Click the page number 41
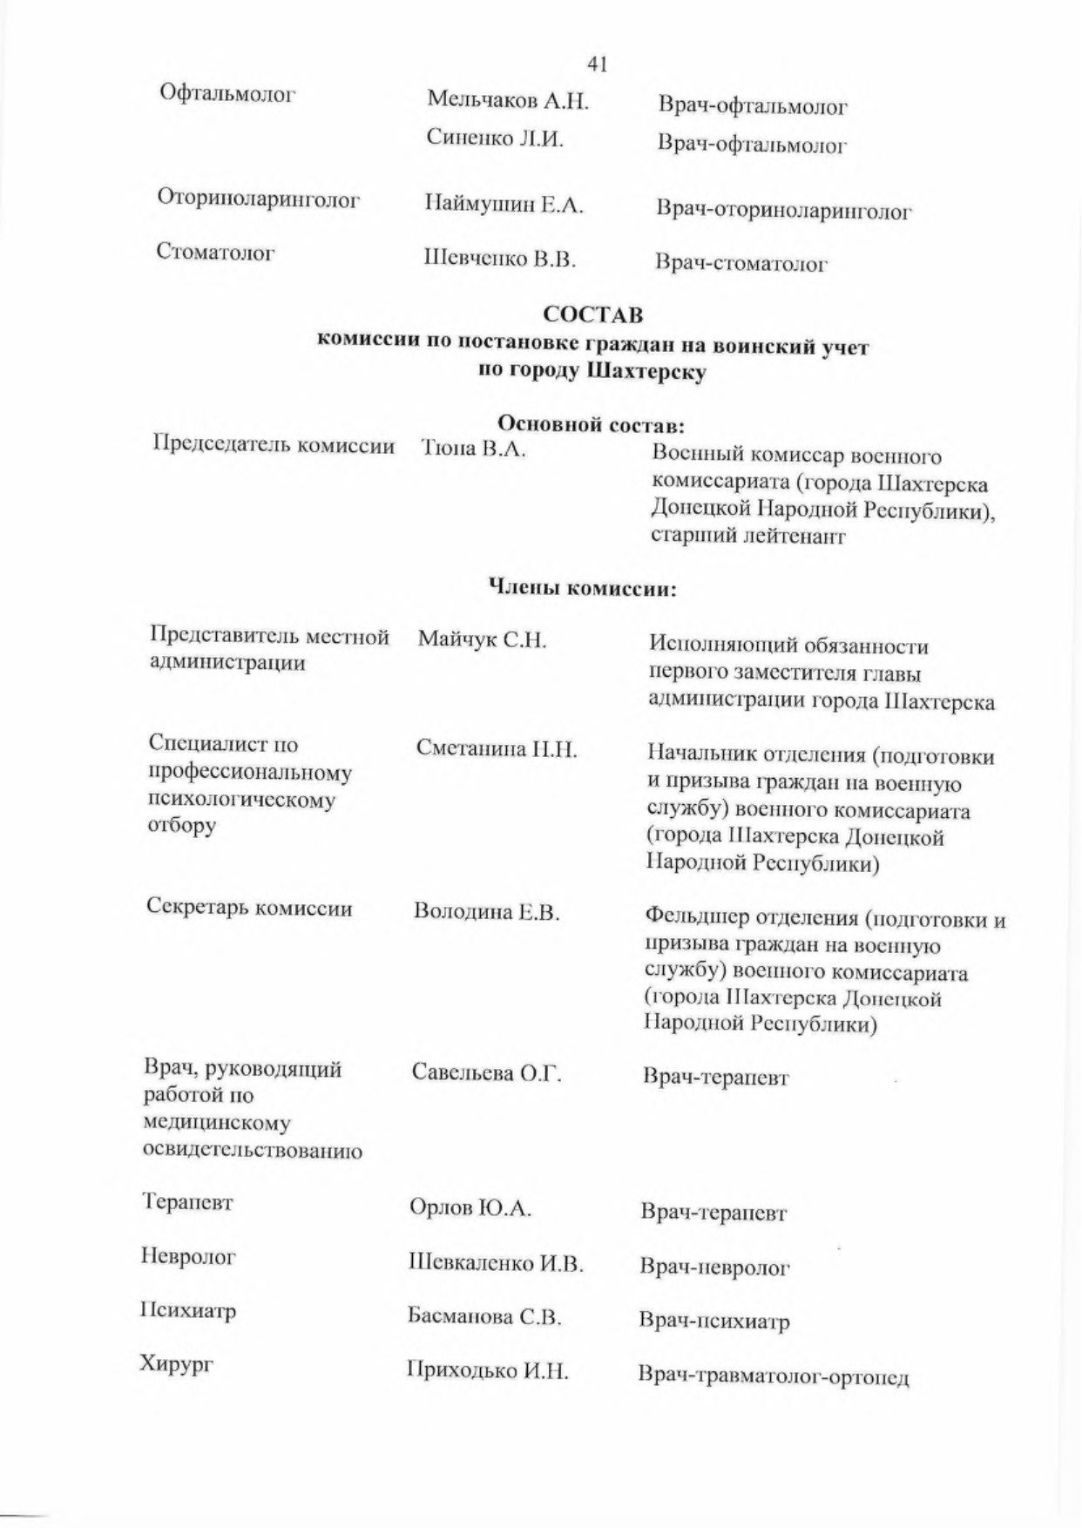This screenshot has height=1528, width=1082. tap(597, 64)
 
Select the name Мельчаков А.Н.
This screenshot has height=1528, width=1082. tap(508, 101)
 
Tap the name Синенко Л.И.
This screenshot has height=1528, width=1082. tap(495, 138)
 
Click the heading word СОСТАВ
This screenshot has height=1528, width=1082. tap(593, 313)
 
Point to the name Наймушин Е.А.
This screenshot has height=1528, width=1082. tap(504, 206)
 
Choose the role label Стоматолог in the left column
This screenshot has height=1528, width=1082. tap(216, 253)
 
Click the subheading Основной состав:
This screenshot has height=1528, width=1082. tap(590, 425)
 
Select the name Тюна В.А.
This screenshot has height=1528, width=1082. tap(473, 450)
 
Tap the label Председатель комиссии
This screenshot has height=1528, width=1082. tap(274, 445)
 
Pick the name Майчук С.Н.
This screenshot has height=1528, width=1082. tap(482, 641)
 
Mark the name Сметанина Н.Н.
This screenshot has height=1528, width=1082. tap(496, 749)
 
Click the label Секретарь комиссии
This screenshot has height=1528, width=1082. tap(249, 908)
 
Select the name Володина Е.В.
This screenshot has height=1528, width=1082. tap(486, 912)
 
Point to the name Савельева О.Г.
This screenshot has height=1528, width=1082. tap(487, 1073)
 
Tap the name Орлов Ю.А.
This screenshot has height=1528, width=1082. tap(470, 1208)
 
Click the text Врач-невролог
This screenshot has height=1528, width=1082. tap(714, 1267)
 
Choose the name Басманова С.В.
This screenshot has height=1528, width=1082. tap(484, 1316)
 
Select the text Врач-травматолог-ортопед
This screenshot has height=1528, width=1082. tap(774, 1376)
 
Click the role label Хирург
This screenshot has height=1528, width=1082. tap(177, 1364)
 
